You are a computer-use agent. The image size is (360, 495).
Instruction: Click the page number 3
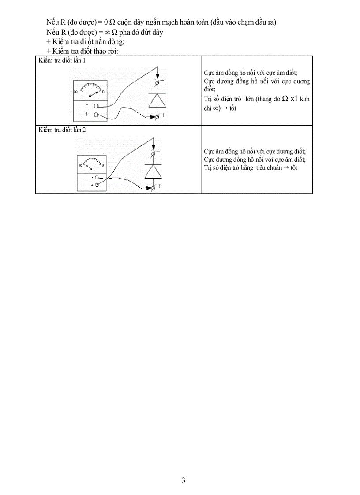184,480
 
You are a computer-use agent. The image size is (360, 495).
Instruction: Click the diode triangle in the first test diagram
157,101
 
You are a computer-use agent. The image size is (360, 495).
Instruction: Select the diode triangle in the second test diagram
153,171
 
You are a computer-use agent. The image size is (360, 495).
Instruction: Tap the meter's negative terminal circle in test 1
96,106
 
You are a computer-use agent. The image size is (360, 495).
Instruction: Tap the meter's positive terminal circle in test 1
96,114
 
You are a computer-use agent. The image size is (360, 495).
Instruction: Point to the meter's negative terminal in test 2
96,178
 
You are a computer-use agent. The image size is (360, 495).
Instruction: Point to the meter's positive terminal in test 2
96,186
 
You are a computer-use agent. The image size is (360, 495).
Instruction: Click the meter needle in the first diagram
94,94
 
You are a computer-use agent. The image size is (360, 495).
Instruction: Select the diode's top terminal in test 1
157,82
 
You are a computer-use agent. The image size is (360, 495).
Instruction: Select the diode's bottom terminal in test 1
157,116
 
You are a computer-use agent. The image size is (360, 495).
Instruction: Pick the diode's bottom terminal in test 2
153,187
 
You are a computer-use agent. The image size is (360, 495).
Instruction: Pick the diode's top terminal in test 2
153,153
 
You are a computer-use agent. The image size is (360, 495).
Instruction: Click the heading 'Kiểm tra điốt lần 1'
62,60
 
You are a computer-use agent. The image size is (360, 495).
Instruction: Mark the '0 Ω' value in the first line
110,22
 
